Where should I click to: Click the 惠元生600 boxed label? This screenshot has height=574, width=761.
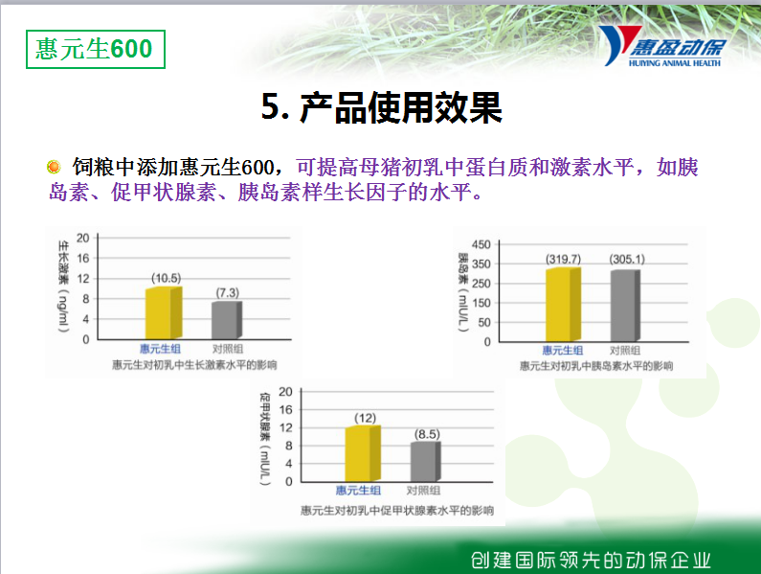click(96, 49)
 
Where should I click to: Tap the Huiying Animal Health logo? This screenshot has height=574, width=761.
click(662, 46)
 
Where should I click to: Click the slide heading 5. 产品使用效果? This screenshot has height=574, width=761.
click(382, 107)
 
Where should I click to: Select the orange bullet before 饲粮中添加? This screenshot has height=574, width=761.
click(54, 167)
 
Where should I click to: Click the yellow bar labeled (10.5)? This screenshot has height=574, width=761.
click(164, 313)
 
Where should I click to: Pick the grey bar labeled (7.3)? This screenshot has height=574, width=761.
click(227, 320)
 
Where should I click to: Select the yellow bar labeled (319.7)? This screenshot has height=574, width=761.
click(563, 305)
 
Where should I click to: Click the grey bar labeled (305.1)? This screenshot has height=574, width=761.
click(625, 306)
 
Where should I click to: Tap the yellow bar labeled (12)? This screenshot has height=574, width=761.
click(363, 454)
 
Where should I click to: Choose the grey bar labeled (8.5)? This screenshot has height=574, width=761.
click(426, 462)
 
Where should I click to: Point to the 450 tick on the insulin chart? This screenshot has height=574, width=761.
click(481, 244)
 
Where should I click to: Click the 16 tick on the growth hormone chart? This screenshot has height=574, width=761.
click(83, 258)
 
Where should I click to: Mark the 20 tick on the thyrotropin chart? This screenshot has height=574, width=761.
click(285, 392)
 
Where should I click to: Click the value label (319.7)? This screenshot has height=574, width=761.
click(563, 259)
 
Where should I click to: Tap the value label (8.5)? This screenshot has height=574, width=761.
click(427, 434)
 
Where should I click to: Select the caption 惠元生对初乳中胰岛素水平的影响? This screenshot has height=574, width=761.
click(596, 365)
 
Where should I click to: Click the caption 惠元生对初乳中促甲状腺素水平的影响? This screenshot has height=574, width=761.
click(397, 511)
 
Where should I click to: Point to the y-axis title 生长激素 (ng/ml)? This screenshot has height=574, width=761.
click(63, 287)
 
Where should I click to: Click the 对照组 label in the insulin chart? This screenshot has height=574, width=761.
click(625, 351)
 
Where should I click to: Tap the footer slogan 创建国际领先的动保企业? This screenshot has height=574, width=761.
click(591, 561)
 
